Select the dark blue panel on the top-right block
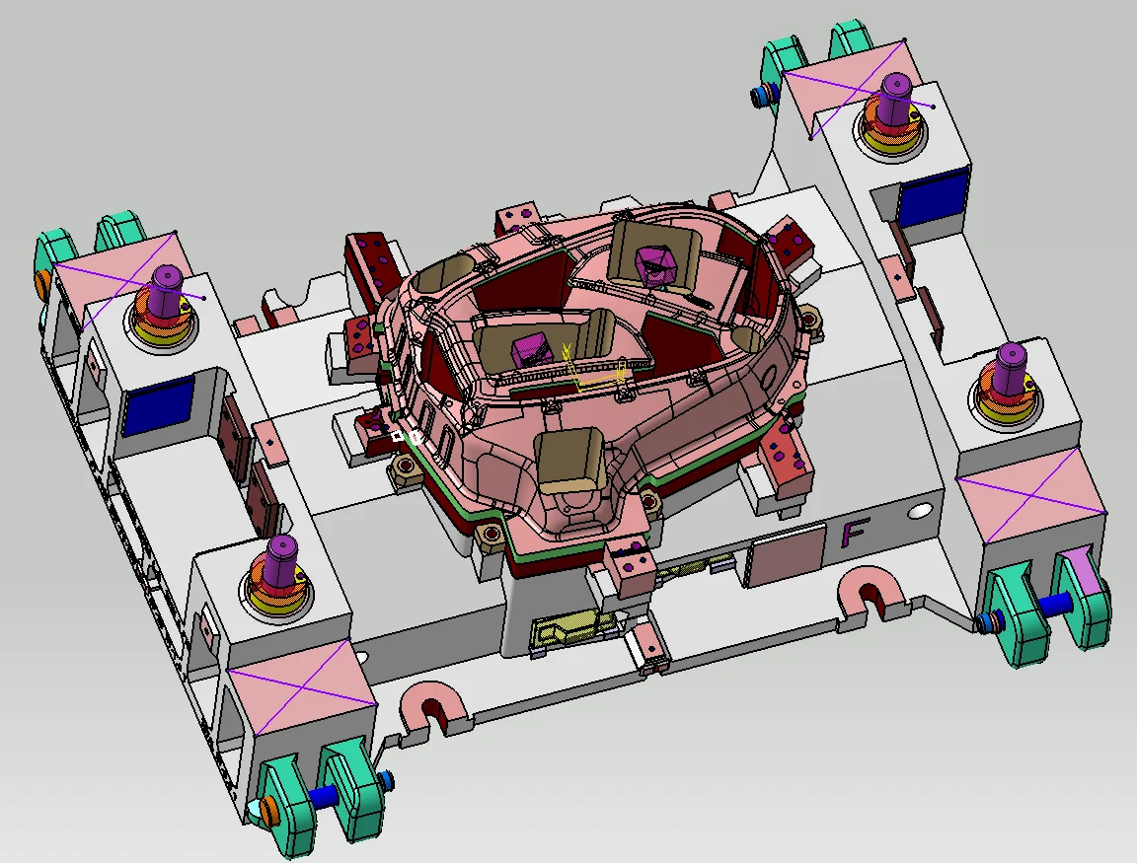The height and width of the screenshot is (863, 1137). click(x=934, y=195)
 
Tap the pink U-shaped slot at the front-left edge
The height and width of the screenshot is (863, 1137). click(x=433, y=706)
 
